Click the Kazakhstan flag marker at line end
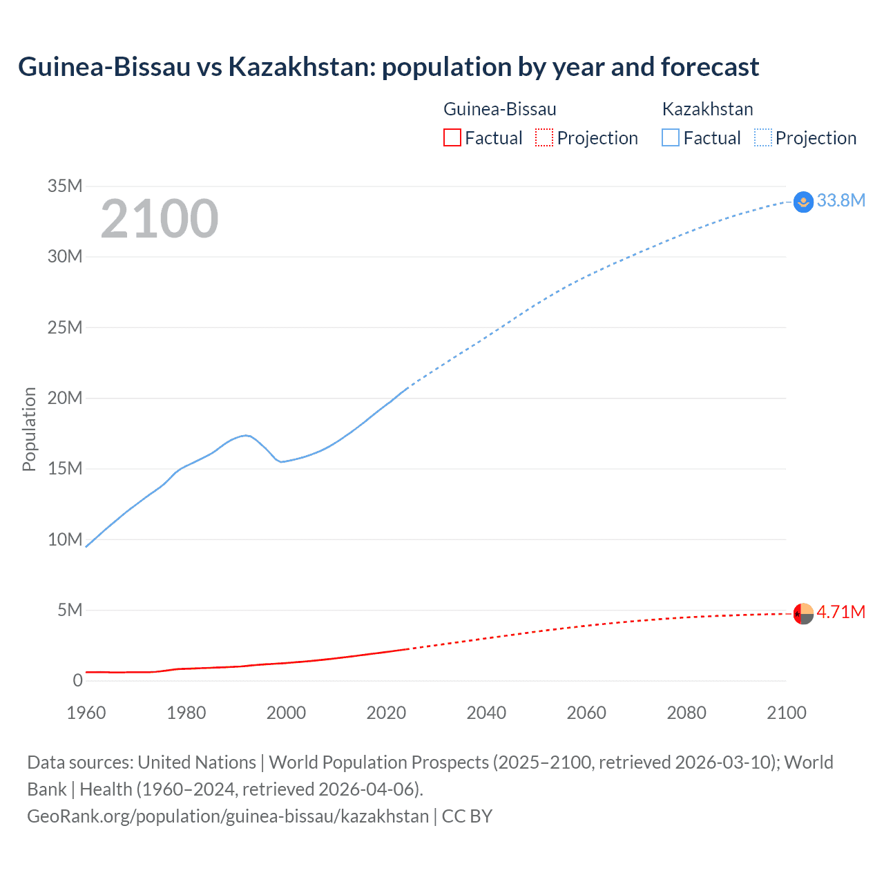[x=803, y=202]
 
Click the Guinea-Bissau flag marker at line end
[x=803, y=613]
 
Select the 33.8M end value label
[x=840, y=200]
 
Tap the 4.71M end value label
[x=840, y=612]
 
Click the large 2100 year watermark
[x=160, y=219]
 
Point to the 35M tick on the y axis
[x=65, y=186]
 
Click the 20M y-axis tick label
[x=65, y=398]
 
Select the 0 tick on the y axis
[x=77, y=680]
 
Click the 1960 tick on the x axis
[x=86, y=713]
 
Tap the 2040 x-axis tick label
[x=486, y=713]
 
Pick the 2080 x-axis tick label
[x=686, y=713]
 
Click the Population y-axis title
[x=29, y=429]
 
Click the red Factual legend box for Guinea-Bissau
[x=452, y=137]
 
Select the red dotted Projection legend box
[x=544, y=137]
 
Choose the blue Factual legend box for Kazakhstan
[x=671, y=137]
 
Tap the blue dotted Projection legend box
[x=762, y=137]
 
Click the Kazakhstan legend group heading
[x=707, y=109]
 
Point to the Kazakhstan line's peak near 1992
[x=245, y=435]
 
